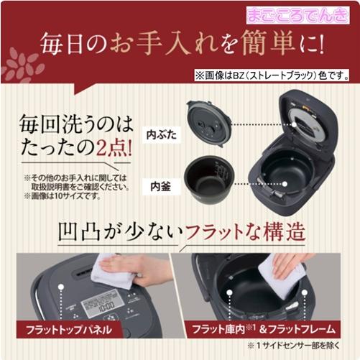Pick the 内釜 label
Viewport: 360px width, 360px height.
tap(160, 185)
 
